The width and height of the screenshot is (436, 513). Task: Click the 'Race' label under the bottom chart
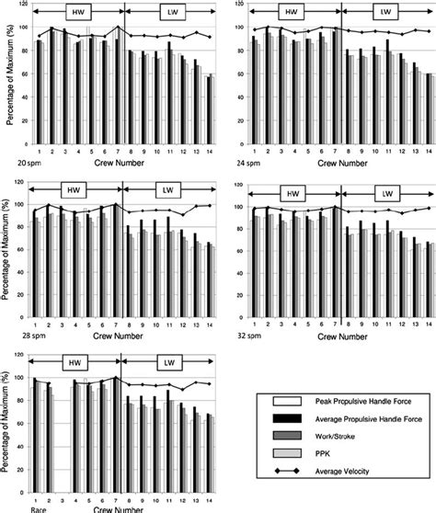coord(37,507)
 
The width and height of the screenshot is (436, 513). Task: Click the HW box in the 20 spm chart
coord(77,13)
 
